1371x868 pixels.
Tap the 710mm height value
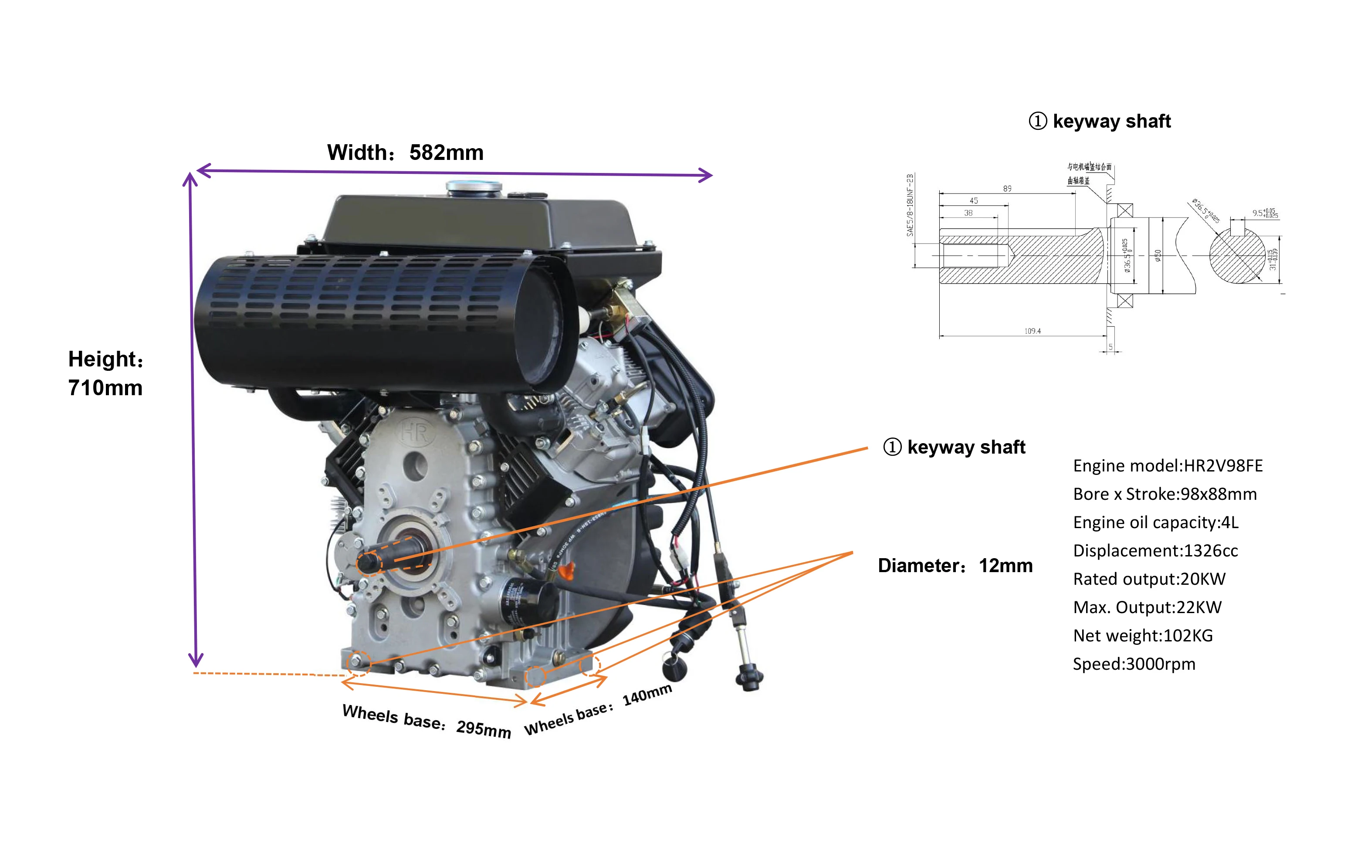[105, 388]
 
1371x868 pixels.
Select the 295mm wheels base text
[484, 729]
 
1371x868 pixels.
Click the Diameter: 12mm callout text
[955, 566]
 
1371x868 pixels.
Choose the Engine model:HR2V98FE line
[1167, 466]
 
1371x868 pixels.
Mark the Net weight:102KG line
[1142, 636]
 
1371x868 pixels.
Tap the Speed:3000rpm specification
[1134, 664]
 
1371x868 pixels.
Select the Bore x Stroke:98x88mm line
[1165, 495]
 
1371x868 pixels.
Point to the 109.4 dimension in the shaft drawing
[1032, 331]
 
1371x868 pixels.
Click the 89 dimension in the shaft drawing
[1007, 189]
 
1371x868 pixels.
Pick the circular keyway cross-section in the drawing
[1237, 256]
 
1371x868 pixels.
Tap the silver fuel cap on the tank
[473, 187]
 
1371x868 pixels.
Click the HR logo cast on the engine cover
[414, 432]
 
